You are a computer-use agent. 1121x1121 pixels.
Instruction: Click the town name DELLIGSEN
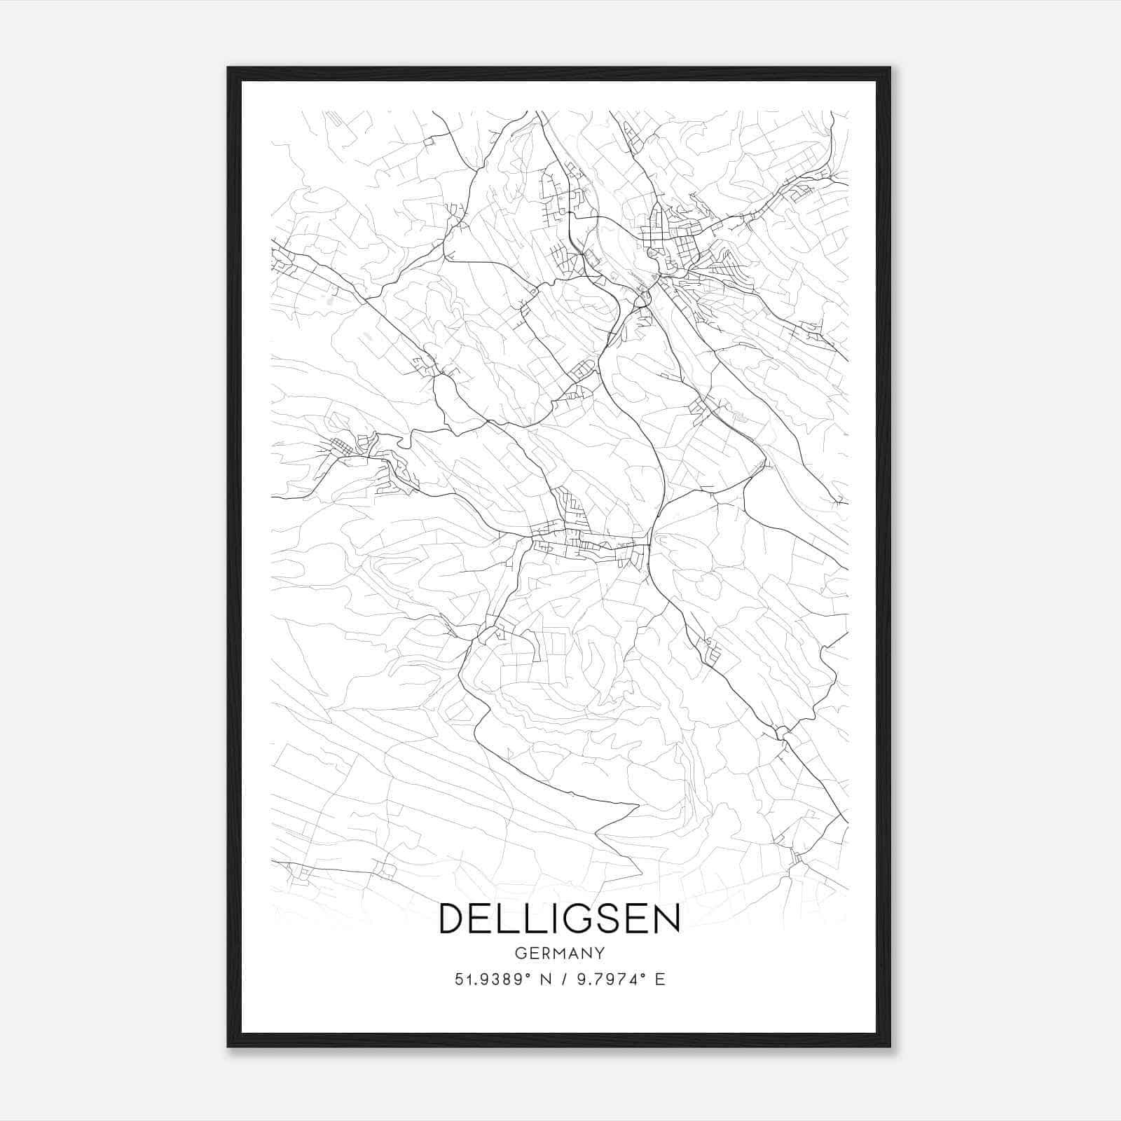559,919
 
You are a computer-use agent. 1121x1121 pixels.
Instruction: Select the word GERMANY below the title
559,953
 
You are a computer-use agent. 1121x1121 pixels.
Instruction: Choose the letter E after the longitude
659,979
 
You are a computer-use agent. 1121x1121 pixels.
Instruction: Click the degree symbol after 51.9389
528,975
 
